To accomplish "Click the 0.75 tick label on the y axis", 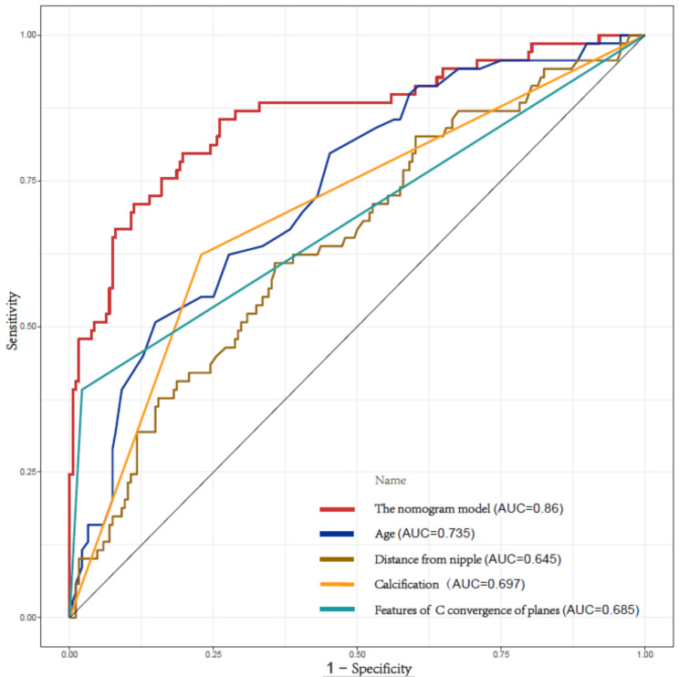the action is [26, 181].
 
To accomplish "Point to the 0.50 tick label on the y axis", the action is [26, 327].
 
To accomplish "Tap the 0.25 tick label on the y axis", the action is [26, 472].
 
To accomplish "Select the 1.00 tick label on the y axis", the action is [26, 35].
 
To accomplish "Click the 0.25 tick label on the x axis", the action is [213, 653].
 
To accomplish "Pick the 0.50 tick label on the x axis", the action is [357, 653].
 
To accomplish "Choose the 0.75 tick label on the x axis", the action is [501, 653].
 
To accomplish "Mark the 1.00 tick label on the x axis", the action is [645, 653].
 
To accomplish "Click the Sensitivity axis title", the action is [13, 320].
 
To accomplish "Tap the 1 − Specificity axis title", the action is [369, 668].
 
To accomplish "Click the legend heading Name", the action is [391, 480].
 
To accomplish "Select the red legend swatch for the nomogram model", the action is [337, 509].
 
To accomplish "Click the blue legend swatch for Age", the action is [337, 534].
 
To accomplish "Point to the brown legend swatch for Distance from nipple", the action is [337, 559].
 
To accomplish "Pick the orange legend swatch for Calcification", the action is [337, 584].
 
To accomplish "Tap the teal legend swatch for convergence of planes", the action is [337, 609].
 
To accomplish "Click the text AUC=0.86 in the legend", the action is [528, 508].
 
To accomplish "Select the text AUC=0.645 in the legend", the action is [522, 559].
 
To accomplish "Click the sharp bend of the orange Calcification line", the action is [202, 254].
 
